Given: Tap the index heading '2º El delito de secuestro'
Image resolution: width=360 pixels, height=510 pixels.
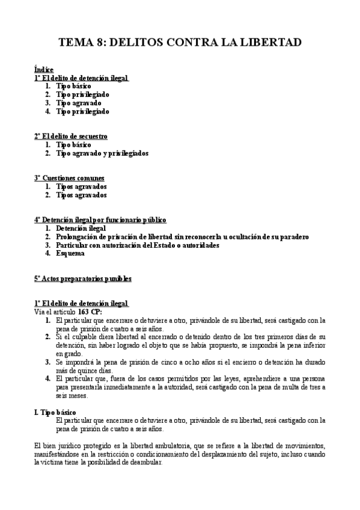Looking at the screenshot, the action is [x=71, y=137].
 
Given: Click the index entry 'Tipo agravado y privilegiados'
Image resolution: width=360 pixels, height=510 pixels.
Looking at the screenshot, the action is [x=102, y=153].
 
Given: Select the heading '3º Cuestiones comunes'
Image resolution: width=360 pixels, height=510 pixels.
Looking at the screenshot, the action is [x=69, y=178].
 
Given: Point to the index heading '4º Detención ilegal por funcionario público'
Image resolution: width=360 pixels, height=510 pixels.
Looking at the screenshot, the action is [x=100, y=220].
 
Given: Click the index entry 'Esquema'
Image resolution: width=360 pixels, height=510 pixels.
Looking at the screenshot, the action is [x=70, y=254].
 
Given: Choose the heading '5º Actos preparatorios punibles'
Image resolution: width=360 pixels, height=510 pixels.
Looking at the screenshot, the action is [x=83, y=278].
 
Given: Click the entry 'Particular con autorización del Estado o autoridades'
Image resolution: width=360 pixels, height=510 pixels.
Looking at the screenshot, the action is [x=138, y=245].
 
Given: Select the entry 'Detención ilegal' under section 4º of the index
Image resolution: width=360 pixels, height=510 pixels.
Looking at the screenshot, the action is [x=81, y=229].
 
